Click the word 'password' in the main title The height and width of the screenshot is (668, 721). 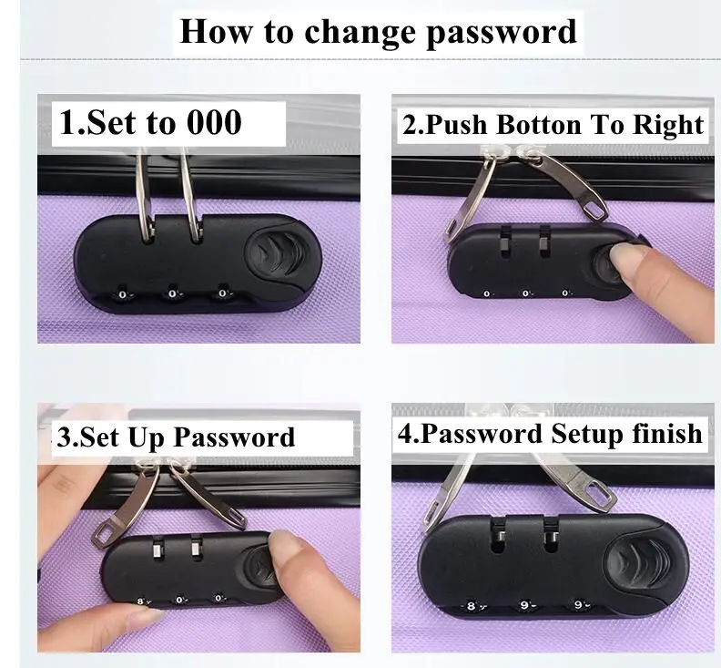coord(502,32)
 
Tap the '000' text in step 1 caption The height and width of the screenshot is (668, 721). coord(214,122)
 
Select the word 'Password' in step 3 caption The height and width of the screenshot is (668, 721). coord(234,437)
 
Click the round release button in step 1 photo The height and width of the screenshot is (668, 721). coord(277,254)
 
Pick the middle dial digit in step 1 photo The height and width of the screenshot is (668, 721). coord(172,293)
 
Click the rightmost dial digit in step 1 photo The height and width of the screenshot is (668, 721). coord(222,293)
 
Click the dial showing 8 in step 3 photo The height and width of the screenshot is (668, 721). coord(142,601)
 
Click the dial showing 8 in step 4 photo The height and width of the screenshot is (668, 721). coord(471,606)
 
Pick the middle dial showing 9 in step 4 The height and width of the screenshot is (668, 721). coord(524,605)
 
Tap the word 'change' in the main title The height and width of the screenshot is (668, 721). coord(359,31)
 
